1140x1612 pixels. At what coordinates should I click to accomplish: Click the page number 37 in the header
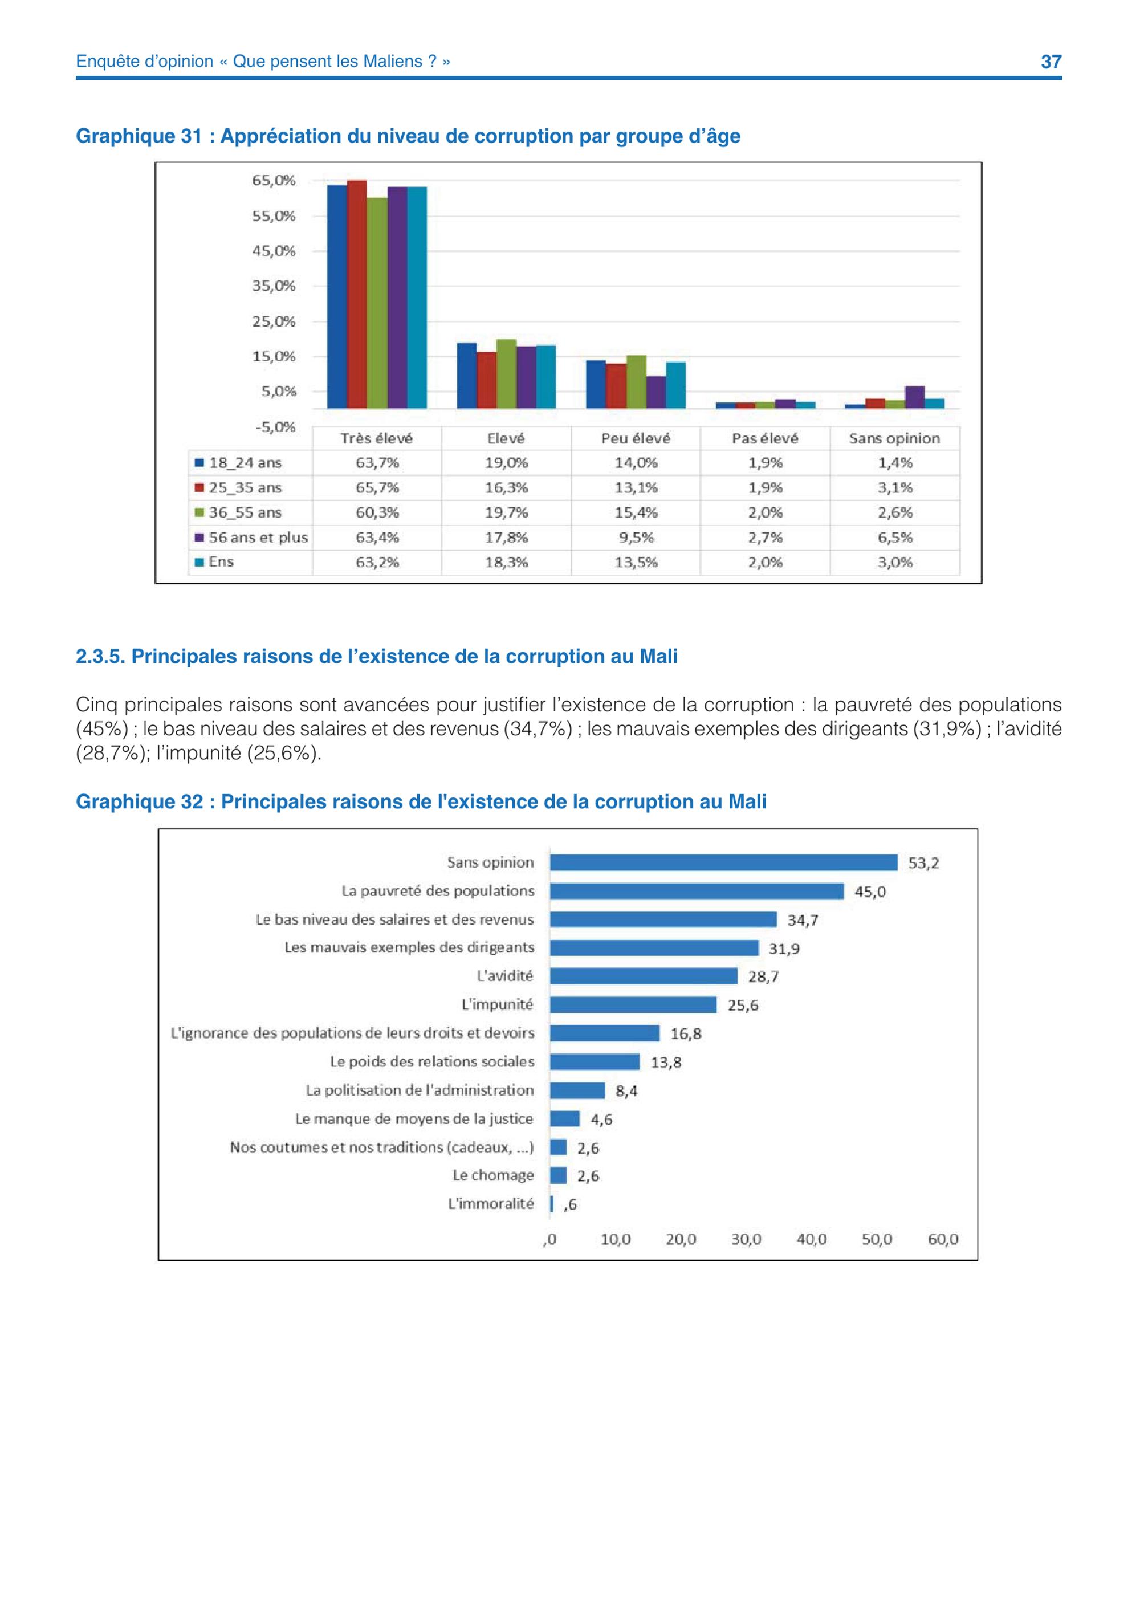pyautogui.click(x=1051, y=62)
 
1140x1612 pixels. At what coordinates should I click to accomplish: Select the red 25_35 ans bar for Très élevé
pyautogui.click(x=357, y=294)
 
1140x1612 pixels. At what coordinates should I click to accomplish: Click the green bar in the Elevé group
pyautogui.click(x=506, y=374)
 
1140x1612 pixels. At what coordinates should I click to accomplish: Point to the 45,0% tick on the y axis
pyautogui.click(x=274, y=251)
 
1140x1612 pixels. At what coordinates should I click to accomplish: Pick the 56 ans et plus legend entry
pyautogui.click(x=252, y=537)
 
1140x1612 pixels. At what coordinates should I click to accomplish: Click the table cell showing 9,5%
pyautogui.click(x=636, y=537)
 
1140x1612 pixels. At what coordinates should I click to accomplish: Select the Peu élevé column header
pyautogui.click(x=636, y=438)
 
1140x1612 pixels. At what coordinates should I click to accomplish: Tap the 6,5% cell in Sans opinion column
pyautogui.click(x=895, y=537)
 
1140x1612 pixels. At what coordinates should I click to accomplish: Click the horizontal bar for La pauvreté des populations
pyautogui.click(x=697, y=891)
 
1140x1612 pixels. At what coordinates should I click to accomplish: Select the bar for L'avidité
pyautogui.click(x=644, y=976)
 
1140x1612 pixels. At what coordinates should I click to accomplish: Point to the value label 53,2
pyautogui.click(x=924, y=863)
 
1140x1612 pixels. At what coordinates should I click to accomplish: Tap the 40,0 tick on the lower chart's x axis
pyautogui.click(x=812, y=1239)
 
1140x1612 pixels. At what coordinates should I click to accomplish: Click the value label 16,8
pyautogui.click(x=686, y=1033)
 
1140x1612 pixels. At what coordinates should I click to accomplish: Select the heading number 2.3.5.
pyautogui.click(x=100, y=657)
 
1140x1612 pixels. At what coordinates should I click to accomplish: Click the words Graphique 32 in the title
pyautogui.click(x=139, y=802)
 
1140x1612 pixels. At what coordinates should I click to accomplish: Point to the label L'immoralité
pyautogui.click(x=491, y=1203)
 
